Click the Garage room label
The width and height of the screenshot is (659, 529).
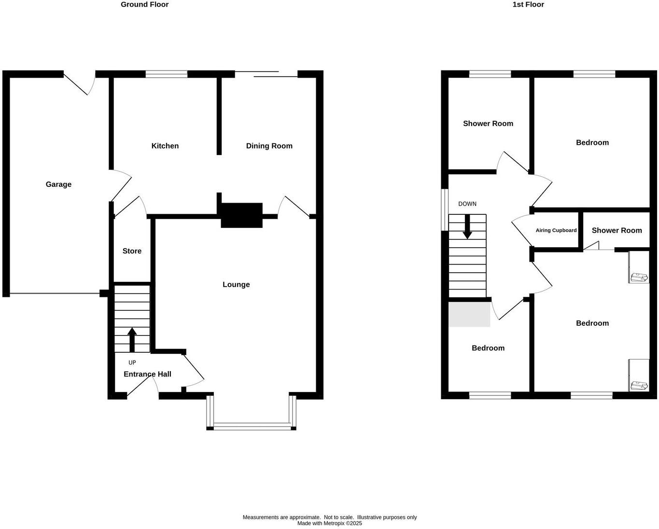[x=58, y=184]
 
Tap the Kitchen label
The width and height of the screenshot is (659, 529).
[x=165, y=146]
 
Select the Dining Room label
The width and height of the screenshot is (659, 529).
[x=269, y=146]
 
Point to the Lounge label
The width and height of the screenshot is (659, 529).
[x=236, y=284]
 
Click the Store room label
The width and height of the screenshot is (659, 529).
[x=132, y=251]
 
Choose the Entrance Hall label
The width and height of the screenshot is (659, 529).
[x=147, y=374]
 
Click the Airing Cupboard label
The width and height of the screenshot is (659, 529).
[x=556, y=230]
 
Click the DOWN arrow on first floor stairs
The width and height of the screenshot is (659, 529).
[x=467, y=227]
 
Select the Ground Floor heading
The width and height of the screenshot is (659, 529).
[x=144, y=4]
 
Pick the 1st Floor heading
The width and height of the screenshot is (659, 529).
[x=528, y=4]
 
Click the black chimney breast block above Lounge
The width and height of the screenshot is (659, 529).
[x=241, y=215]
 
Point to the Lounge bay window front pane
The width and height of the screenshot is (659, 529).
[x=251, y=426]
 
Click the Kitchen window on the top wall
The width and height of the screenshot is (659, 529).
[x=167, y=74]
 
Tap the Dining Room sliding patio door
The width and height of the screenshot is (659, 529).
[x=266, y=74]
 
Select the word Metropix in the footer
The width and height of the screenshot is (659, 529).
[x=334, y=523]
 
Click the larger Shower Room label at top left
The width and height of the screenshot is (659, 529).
[x=488, y=124]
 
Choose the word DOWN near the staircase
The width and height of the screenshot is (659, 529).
[x=467, y=204]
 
